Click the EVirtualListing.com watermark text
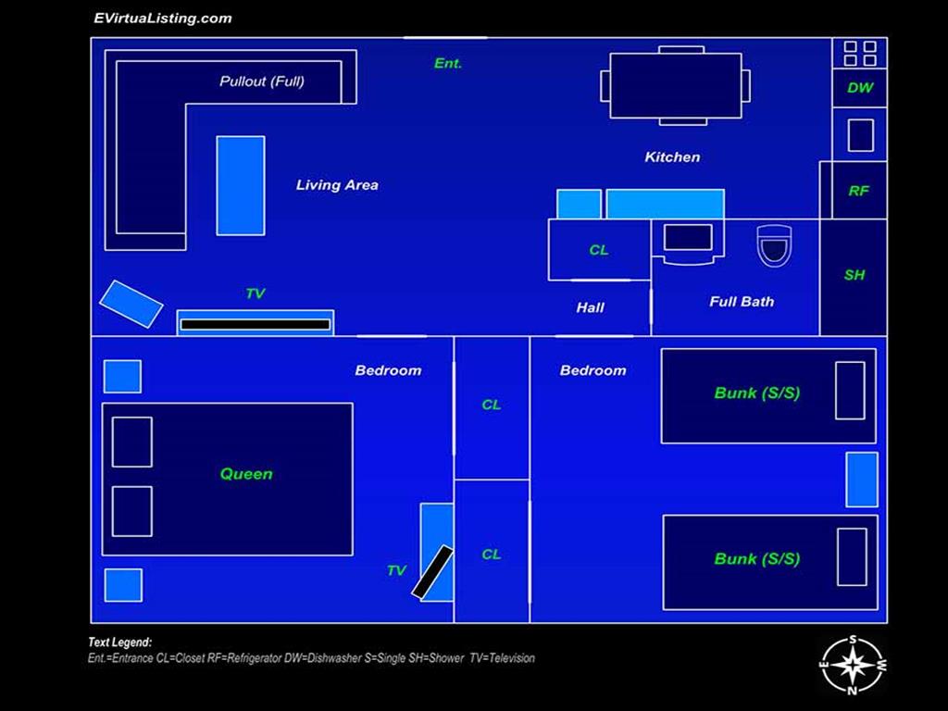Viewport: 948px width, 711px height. tap(163, 19)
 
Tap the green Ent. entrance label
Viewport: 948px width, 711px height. tap(448, 63)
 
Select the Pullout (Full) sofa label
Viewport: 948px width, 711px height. tap(262, 81)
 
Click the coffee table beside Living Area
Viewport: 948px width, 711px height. tap(241, 185)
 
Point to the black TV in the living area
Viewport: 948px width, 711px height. tap(256, 325)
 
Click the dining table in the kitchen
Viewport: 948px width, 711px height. tap(675, 85)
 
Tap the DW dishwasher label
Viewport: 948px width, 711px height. tap(860, 88)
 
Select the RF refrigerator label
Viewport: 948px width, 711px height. tap(858, 191)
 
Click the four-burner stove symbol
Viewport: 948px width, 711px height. tap(860, 53)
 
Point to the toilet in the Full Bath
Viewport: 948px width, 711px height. tap(775, 245)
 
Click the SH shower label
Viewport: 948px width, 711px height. tap(854, 275)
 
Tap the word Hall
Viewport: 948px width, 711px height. tap(590, 307)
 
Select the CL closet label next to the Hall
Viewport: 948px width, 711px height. tap(599, 250)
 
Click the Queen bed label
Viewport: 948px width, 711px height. tap(246, 474)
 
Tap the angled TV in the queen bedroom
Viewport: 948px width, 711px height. tap(432, 572)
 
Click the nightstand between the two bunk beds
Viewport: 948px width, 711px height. tap(862, 480)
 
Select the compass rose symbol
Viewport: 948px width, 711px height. tap(853, 665)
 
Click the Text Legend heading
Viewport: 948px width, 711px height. tap(119, 642)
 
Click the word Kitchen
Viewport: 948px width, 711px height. tap(672, 157)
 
